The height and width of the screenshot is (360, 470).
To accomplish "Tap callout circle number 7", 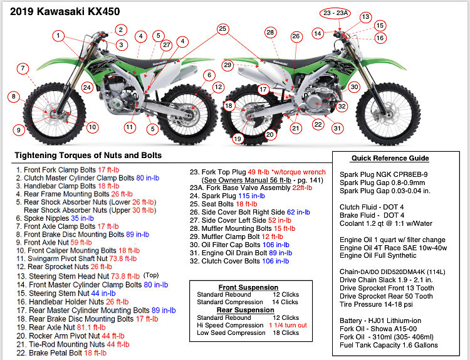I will [23, 68].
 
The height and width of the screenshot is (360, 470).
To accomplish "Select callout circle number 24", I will [87, 87].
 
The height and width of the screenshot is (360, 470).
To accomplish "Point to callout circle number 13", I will [365, 17].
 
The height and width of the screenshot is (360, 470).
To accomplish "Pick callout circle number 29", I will [227, 65].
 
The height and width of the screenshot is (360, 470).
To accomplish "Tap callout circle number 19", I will [238, 138].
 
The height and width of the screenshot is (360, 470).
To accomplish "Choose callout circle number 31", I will [337, 128].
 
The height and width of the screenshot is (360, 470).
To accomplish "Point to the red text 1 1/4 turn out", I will [288, 325].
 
